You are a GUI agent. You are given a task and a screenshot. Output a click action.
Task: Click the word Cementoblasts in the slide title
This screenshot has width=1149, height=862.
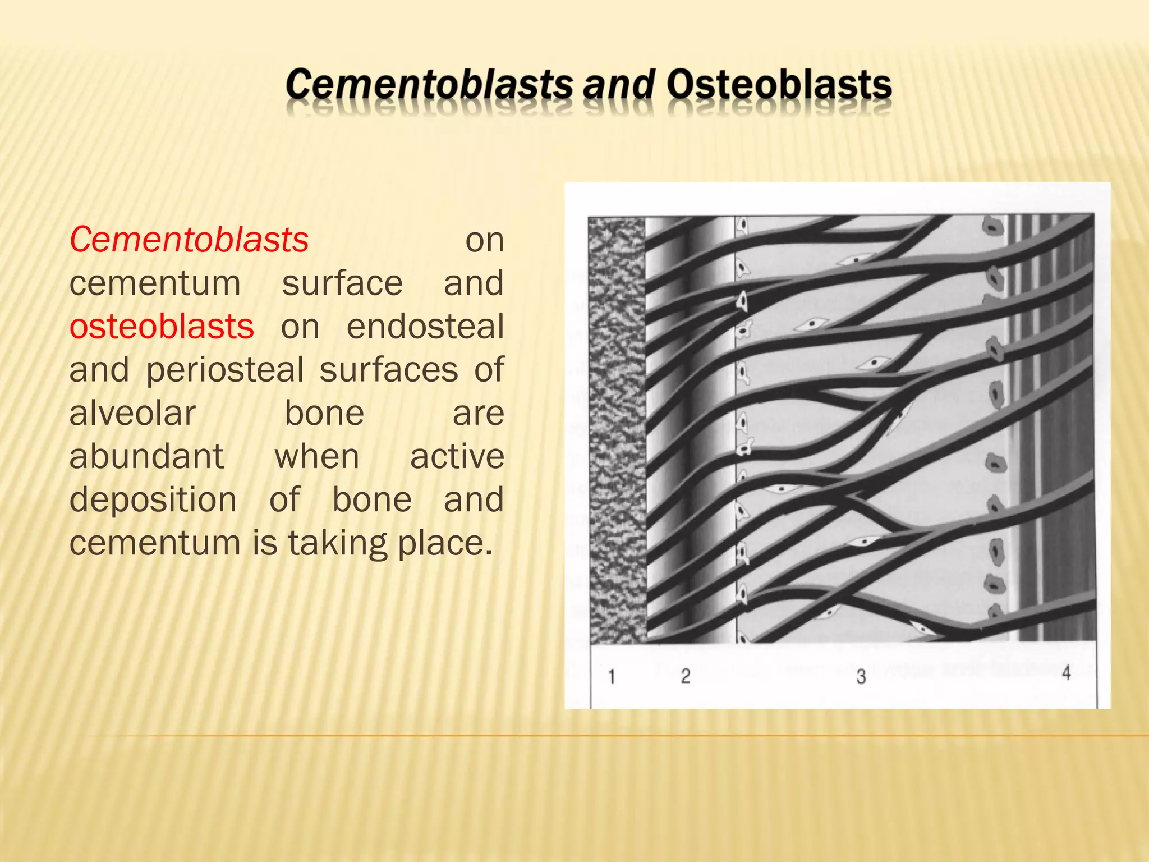[429, 85]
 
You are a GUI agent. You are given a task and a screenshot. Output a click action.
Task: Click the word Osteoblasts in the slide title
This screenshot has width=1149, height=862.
[779, 85]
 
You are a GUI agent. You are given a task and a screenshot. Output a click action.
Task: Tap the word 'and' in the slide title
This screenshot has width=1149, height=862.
[619, 85]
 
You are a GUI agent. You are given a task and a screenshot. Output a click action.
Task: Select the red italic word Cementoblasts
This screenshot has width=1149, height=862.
[189, 240]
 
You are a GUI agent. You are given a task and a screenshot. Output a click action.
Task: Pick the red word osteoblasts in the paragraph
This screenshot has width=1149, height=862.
[162, 327]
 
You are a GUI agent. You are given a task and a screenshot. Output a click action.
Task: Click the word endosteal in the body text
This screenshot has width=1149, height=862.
[425, 327]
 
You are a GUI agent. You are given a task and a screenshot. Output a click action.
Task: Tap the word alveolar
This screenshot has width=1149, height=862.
[132, 414]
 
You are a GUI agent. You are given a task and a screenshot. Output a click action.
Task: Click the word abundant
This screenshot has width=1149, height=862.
[146, 456]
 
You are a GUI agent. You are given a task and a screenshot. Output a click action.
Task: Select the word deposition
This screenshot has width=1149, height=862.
[153, 499]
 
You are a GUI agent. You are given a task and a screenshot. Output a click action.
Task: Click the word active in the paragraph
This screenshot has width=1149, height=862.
[457, 456]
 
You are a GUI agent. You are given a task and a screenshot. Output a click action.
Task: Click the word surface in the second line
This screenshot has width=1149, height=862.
[342, 283]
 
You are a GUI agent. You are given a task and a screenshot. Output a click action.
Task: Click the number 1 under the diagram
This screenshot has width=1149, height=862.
[612, 677]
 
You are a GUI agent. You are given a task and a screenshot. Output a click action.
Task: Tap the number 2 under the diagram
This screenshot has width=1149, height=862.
[686, 676]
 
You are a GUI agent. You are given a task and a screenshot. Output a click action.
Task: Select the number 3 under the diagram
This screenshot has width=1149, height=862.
[861, 677]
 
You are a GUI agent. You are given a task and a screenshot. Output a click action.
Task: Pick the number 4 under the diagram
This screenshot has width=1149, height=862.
[1066, 672]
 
